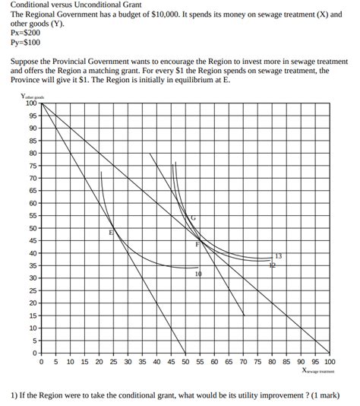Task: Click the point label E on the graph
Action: [x=111, y=232]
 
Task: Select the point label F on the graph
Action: [x=197, y=244]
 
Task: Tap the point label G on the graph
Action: [x=193, y=218]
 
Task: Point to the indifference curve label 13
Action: [x=279, y=255]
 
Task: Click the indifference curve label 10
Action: [x=198, y=274]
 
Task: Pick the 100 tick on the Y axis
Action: [x=31, y=103]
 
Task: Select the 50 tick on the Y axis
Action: [x=33, y=228]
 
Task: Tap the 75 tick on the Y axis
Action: [x=33, y=166]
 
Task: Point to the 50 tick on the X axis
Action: [x=185, y=363]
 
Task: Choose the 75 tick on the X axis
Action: [x=257, y=363]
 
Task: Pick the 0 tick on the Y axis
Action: [x=35, y=353]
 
